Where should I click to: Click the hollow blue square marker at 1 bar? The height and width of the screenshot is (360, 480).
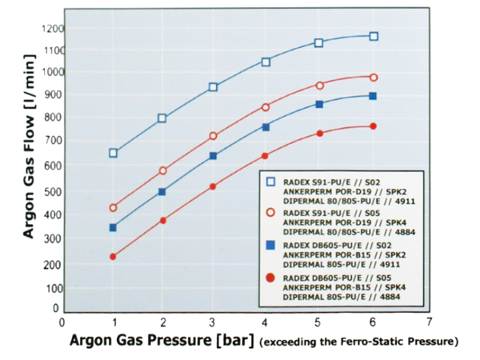pos(114,153)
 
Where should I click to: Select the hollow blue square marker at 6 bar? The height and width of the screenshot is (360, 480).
pos(374,36)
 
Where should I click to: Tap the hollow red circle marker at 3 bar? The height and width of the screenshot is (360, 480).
pos(213,136)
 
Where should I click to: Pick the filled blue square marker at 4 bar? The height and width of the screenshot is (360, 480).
pos(266,127)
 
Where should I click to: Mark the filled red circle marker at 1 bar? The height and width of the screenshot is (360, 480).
pos(114,257)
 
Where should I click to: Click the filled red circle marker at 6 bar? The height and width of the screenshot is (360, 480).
pos(373,126)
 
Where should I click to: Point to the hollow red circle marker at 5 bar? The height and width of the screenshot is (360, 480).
pos(319,85)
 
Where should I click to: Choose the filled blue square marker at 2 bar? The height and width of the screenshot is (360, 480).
pos(162,192)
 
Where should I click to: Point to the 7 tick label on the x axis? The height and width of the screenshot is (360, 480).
pos(430,322)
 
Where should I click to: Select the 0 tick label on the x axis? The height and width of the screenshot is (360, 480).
pos(62,322)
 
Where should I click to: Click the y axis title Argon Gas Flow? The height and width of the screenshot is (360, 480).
pos(28,169)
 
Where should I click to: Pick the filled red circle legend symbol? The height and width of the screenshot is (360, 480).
pos(273,278)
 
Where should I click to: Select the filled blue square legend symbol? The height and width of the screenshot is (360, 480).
pos(273,246)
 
